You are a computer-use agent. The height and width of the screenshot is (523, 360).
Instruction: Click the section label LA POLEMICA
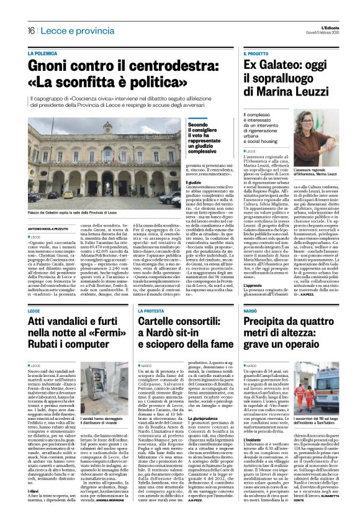42,54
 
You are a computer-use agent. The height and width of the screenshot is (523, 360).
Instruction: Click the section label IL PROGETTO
256,54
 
